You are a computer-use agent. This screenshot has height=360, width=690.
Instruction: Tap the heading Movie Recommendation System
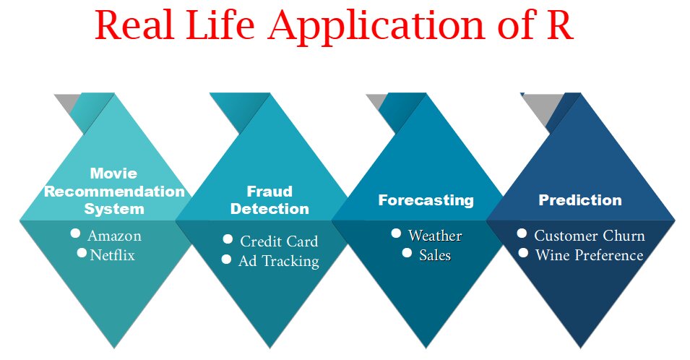[114, 192]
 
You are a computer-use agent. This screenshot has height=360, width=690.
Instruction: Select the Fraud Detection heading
[269, 200]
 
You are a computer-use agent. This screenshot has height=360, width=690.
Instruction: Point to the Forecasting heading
[426, 200]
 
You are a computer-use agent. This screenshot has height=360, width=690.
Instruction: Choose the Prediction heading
[580, 200]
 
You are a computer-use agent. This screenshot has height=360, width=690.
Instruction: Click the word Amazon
[114, 236]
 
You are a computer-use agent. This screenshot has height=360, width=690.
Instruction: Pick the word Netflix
[112, 255]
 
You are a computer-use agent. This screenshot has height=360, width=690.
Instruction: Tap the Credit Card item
[279, 241]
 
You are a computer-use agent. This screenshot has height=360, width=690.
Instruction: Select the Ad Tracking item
[278, 261]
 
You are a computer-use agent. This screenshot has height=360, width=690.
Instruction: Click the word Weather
[435, 236]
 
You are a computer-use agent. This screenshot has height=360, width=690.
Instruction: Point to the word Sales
[435, 255]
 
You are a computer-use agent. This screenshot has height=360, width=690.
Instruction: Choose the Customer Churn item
[589, 236]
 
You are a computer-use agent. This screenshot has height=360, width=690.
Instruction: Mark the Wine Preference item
[589, 255]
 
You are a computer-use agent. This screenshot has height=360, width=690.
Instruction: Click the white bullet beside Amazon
[75, 233]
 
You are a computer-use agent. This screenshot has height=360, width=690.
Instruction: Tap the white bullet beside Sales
[407, 254]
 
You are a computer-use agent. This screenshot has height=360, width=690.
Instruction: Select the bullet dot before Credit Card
[228, 239]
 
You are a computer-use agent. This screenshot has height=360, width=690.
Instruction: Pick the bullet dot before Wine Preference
[522, 254]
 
